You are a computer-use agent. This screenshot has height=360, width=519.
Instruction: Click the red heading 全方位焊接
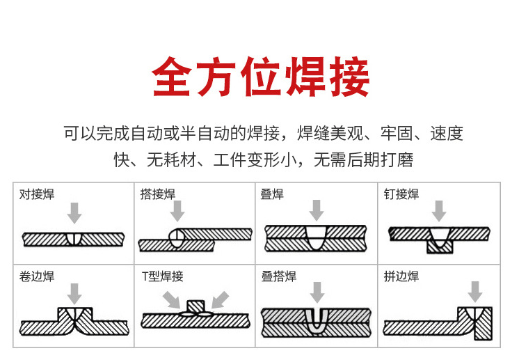point(260,76)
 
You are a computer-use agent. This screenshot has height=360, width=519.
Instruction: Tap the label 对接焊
point(37,194)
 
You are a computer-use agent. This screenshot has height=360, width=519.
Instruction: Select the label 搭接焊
point(158,194)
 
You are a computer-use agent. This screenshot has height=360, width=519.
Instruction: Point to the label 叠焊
point(272,194)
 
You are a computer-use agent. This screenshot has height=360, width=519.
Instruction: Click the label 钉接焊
point(401,194)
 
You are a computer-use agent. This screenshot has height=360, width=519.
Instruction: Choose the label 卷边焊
point(37,276)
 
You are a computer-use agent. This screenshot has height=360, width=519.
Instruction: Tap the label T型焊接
point(162,276)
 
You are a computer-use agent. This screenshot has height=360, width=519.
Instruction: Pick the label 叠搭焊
point(279,276)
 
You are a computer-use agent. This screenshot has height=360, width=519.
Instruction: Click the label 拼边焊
point(401,276)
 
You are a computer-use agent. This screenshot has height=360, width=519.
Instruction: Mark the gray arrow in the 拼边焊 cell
point(476,291)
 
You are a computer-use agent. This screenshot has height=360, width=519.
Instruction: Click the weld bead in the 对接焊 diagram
point(74,239)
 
